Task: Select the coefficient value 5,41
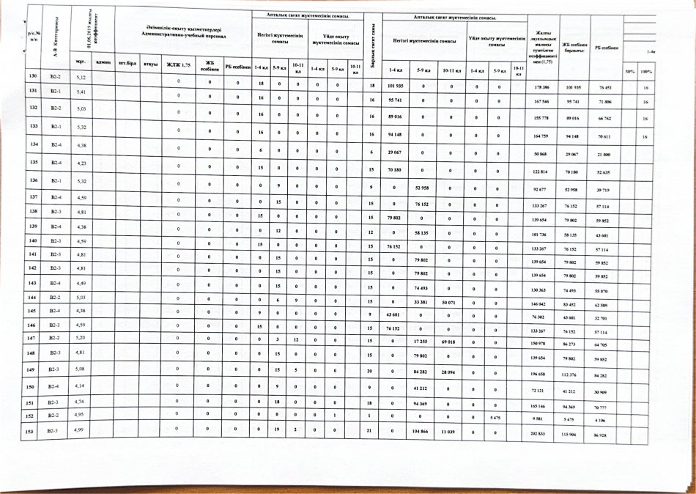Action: [x=81, y=92]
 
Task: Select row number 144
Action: [x=32, y=299]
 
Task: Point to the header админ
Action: [x=103, y=63]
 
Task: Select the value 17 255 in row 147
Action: [x=421, y=342]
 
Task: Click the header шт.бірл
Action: [x=129, y=64]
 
